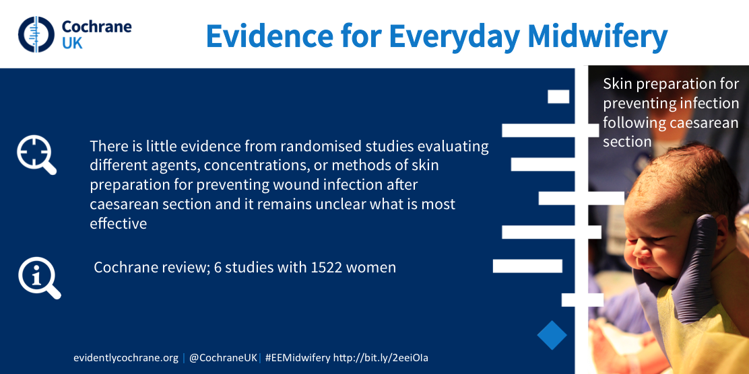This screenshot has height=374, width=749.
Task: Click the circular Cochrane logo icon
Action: pos(36,34)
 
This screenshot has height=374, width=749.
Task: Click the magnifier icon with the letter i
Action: pos(38,278)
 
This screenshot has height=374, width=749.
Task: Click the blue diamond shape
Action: pos(552,336)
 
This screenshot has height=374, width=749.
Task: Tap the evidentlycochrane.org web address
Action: pos(126,358)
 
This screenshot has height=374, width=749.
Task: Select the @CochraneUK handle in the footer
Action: pos(223,358)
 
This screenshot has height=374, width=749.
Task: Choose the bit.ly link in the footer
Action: pos(384,358)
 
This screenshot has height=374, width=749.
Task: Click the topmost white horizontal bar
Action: pos(558,96)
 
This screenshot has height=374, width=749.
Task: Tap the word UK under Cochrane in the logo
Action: pos(72,43)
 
